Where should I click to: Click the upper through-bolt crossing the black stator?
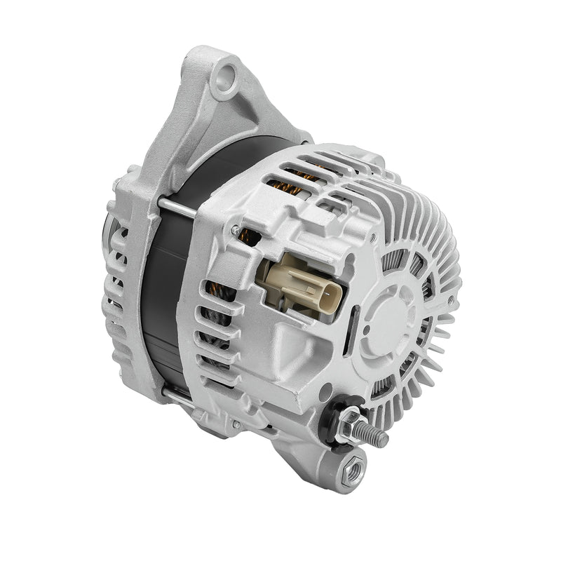[175, 204]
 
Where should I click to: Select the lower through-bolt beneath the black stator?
[177, 400]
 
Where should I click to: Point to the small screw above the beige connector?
[241, 229]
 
